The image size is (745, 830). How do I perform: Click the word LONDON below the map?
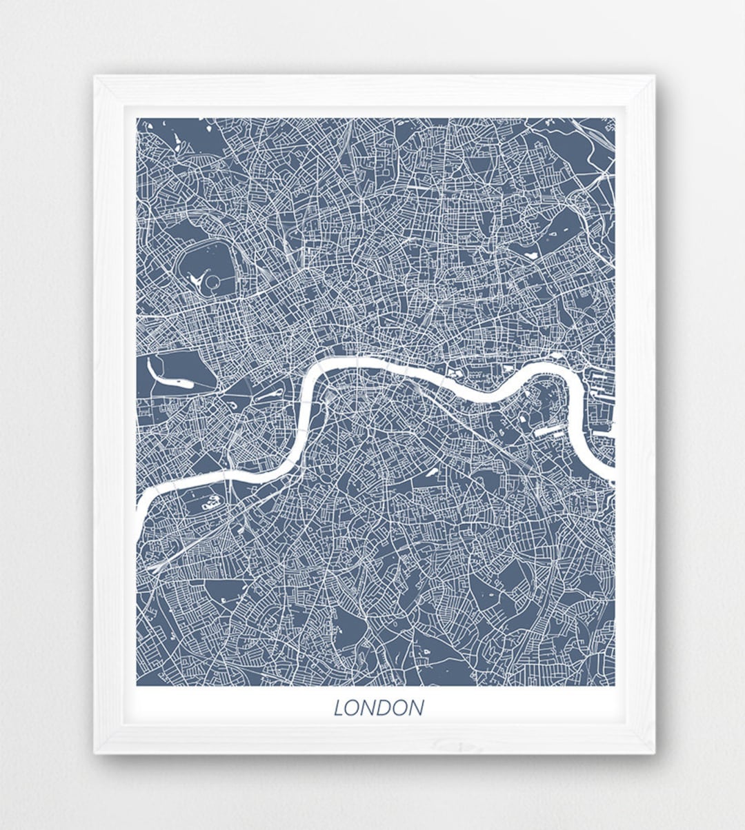379,708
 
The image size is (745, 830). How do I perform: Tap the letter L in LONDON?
339,708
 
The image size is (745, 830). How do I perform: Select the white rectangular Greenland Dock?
550,432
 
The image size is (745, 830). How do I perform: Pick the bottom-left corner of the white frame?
96,752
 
